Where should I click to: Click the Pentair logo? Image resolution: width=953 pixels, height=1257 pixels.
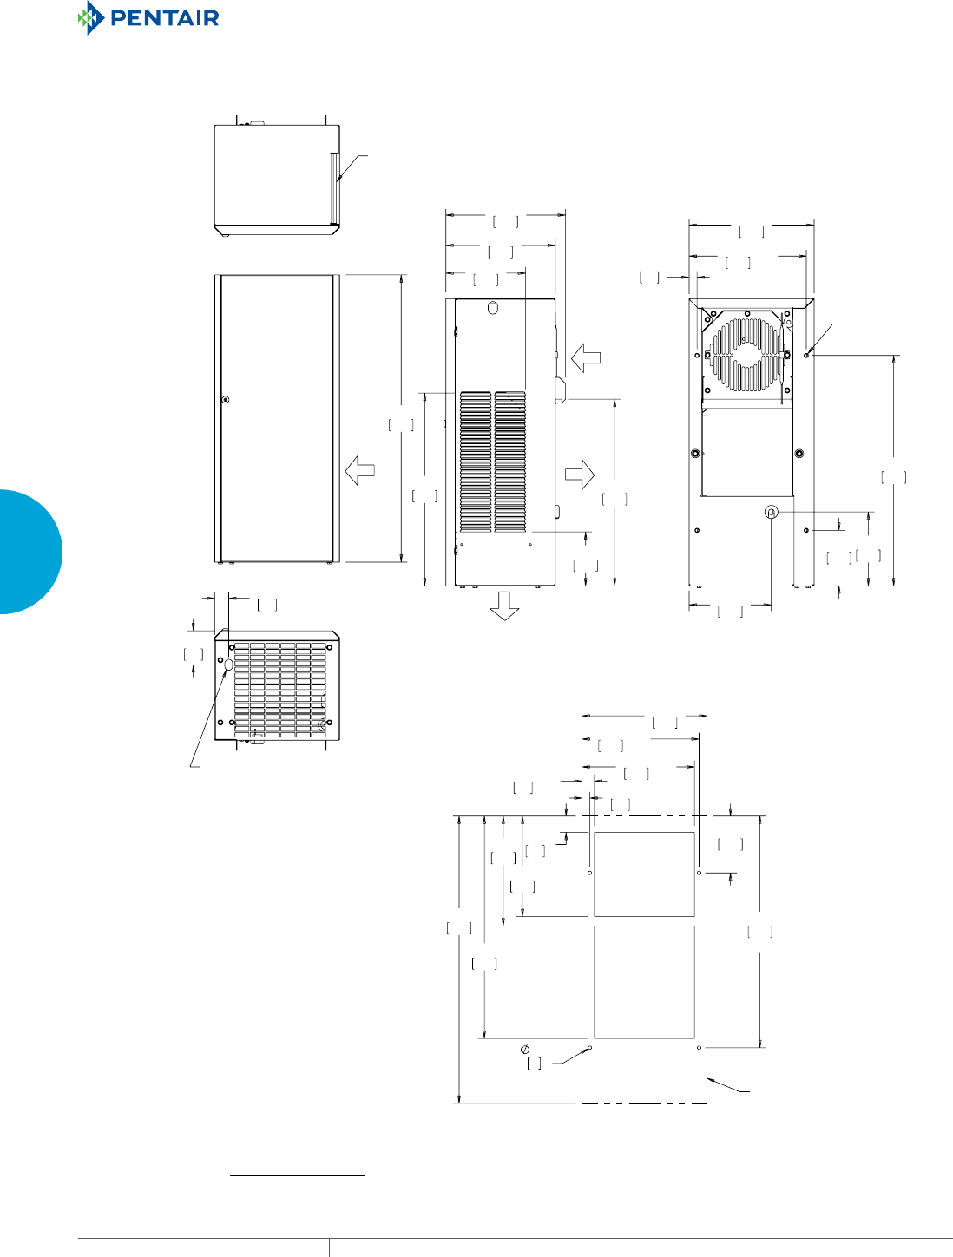pyautogui.click(x=148, y=18)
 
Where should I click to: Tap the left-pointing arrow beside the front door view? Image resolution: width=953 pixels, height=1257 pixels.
pyautogui.click(x=359, y=471)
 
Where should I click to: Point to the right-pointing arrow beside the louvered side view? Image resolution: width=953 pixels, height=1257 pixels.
pyautogui.click(x=580, y=473)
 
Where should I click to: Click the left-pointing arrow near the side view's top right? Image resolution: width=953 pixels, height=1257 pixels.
pyautogui.click(x=586, y=357)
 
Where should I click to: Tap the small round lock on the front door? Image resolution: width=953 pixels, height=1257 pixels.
pyautogui.click(x=226, y=400)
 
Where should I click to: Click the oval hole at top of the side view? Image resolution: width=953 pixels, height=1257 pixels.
pyautogui.click(x=493, y=308)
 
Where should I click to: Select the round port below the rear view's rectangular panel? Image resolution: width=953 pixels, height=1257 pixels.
pyautogui.click(x=772, y=513)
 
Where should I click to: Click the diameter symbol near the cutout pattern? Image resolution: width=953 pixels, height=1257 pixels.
pyautogui.click(x=525, y=1050)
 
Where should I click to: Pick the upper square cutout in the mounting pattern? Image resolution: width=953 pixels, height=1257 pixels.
pyautogui.click(x=644, y=874)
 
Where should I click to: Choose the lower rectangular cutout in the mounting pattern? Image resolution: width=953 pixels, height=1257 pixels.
pyautogui.click(x=644, y=981)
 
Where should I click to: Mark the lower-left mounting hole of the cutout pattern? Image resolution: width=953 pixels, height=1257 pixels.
pyautogui.click(x=590, y=1048)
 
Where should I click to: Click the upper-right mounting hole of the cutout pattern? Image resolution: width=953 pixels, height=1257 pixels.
pyautogui.click(x=699, y=873)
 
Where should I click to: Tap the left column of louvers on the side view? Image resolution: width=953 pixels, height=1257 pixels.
pyautogui.click(x=476, y=462)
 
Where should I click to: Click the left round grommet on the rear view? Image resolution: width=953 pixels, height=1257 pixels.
pyautogui.click(x=695, y=454)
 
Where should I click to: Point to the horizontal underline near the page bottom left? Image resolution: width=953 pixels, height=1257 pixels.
pyautogui.click(x=297, y=1176)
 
